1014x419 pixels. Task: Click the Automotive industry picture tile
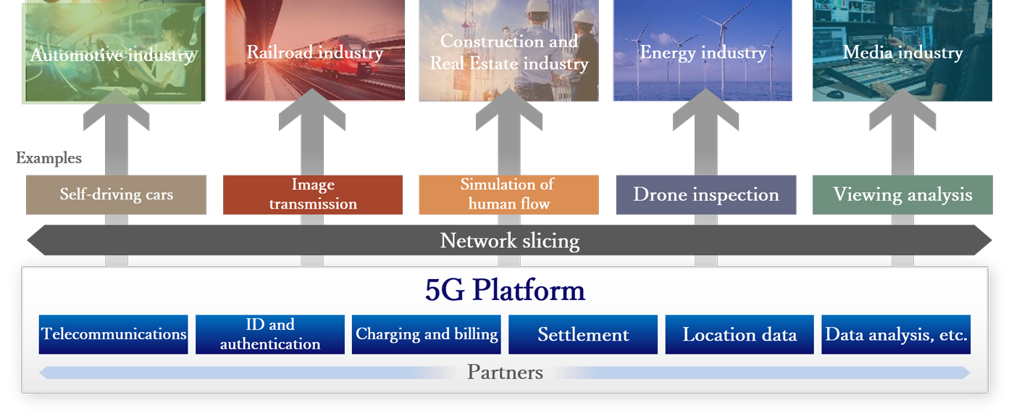pyautogui.click(x=114, y=51)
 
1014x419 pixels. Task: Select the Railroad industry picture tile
pyautogui.click(x=314, y=51)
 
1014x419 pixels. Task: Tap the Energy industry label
pyautogui.click(x=703, y=53)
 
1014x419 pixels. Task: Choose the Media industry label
pyautogui.click(x=902, y=53)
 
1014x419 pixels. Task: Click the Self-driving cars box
pyautogui.click(x=116, y=195)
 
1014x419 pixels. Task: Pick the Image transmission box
pyautogui.click(x=313, y=195)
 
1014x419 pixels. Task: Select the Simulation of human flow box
pyautogui.click(x=508, y=195)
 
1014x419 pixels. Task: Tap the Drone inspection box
pyautogui.click(x=705, y=195)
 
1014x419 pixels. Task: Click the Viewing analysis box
pyautogui.click(x=902, y=195)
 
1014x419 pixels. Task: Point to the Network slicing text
pyautogui.click(x=510, y=241)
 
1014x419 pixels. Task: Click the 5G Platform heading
pyautogui.click(x=505, y=291)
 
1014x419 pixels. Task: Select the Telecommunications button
pyautogui.click(x=114, y=334)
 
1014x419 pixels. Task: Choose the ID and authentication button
pyautogui.click(x=270, y=334)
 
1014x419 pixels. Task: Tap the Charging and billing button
pyautogui.click(x=427, y=334)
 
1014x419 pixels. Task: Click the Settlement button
pyautogui.click(x=583, y=334)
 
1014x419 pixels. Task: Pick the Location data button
pyautogui.click(x=739, y=334)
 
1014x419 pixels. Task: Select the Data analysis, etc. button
pyautogui.click(x=896, y=334)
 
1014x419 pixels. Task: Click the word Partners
pyautogui.click(x=505, y=373)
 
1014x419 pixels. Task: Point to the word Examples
pyautogui.click(x=49, y=158)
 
